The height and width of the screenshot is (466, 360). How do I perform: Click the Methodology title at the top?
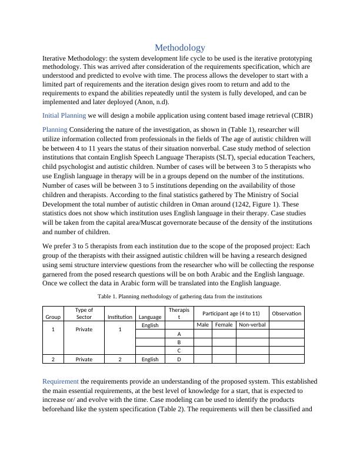[x=180, y=48]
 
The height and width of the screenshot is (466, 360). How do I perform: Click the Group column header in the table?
[x=53, y=317]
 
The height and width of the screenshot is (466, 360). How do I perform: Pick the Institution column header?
[x=120, y=317]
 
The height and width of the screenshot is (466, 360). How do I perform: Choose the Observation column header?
[x=286, y=313]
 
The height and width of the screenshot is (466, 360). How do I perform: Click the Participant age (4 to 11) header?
[x=231, y=313]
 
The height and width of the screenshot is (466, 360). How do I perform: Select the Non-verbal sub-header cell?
[x=252, y=325]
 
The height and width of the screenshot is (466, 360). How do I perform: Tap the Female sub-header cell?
[x=224, y=325]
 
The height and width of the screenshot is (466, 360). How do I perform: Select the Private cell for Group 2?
[x=84, y=359]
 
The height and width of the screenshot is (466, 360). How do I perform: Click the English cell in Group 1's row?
[x=150, y=325]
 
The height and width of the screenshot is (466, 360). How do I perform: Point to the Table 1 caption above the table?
[x=179, y=296]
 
